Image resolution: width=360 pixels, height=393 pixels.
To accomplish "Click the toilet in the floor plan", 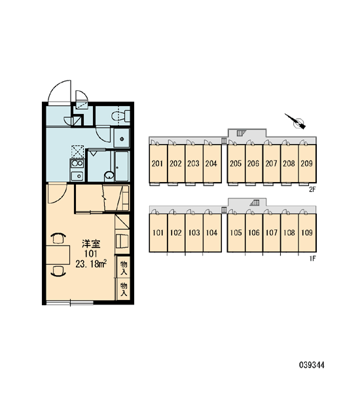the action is (120, 116).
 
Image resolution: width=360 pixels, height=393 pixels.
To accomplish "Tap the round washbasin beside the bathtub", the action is (109, 176).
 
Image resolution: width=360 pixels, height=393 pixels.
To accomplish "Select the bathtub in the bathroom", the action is (122, 166).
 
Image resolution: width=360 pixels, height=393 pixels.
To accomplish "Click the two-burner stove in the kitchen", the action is (77, 164).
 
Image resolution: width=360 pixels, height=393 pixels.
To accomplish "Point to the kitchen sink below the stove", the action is (77, 176).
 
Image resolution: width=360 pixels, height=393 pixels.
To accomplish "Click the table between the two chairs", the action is (58, 254).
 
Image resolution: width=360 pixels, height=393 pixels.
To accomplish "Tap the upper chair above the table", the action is (58, 238).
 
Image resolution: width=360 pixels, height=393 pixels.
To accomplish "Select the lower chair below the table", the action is (58, 271).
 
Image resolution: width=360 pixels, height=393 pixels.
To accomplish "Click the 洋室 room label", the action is (91, 244).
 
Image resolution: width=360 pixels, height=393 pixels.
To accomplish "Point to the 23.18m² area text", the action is (92, 264).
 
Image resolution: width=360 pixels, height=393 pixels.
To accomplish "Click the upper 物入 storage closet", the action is (124, 267).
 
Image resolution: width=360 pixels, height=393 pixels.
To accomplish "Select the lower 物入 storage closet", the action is (124, 289).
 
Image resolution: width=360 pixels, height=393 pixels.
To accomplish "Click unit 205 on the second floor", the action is (236, 164).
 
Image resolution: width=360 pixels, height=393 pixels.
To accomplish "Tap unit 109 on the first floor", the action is (307, 233).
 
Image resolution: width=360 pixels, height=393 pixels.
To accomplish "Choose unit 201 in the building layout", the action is (158, 164).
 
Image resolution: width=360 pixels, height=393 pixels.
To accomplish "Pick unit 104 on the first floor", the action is (212, 233).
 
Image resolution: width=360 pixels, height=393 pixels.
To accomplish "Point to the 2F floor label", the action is (312, 189).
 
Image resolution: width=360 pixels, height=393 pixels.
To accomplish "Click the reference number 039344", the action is (312, 365).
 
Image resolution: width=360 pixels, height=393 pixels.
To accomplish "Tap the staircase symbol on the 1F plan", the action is (256, 202).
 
